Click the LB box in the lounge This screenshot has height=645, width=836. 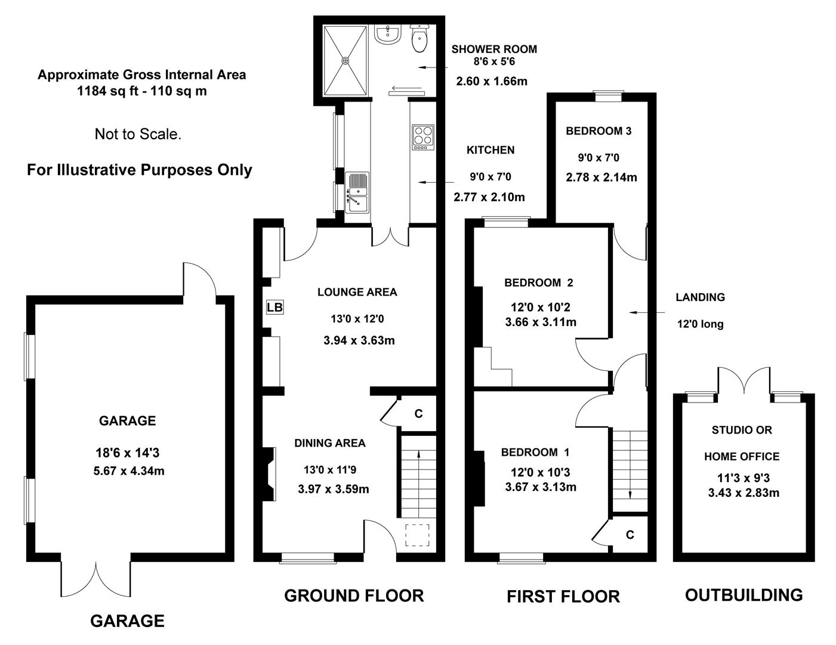pos(274,308)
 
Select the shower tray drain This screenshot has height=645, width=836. pos(345,60)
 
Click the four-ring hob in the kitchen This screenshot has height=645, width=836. pos(424,137)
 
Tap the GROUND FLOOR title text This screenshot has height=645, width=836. pos(354,595)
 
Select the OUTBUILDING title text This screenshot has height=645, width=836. pos(744,595)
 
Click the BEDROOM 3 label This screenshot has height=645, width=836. pos(599,131)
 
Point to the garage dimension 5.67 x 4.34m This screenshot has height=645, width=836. pos(129,471)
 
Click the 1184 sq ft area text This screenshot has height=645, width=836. pos(142,91)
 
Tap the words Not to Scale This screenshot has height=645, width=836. pos(138,134)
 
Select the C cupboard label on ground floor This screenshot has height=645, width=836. pos(418,413)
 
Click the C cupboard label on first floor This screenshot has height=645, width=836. pos(630,535)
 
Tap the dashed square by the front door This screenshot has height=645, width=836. pos(418,535)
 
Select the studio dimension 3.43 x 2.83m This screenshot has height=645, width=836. pos(744,493)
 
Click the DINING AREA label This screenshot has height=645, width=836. pos(329,443)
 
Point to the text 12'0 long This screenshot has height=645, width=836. pos(700,324)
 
